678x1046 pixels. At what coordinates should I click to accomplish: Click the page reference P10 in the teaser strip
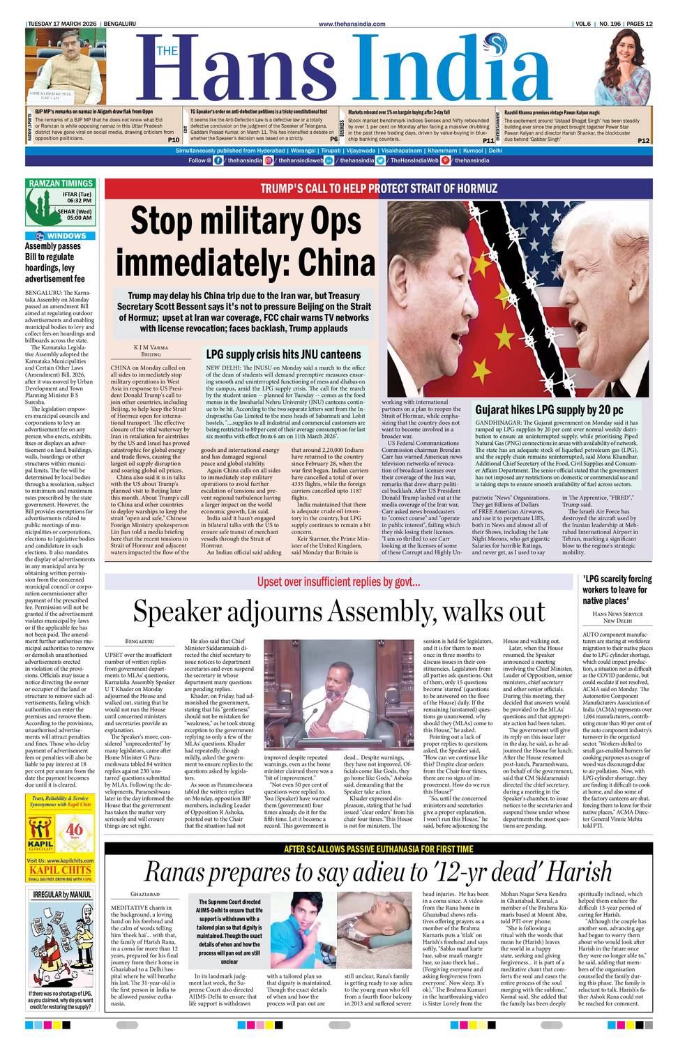[174, 140]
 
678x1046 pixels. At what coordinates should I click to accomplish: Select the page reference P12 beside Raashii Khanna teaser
[643, 140]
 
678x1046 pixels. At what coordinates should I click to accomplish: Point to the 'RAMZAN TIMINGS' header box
[61, 183]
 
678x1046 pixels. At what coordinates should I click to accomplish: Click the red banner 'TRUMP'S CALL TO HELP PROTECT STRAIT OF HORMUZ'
[379, 188]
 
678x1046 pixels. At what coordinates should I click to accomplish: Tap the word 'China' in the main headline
[337, 263]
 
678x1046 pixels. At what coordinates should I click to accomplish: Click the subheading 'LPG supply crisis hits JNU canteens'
[283, 354]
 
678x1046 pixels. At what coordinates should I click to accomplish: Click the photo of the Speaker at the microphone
[340, 697]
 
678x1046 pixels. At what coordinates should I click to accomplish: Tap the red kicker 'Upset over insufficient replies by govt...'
[338, 582]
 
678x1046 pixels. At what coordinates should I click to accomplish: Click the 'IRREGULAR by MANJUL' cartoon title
[61, 895]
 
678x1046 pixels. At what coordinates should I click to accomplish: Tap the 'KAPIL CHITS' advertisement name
[61, 870]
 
